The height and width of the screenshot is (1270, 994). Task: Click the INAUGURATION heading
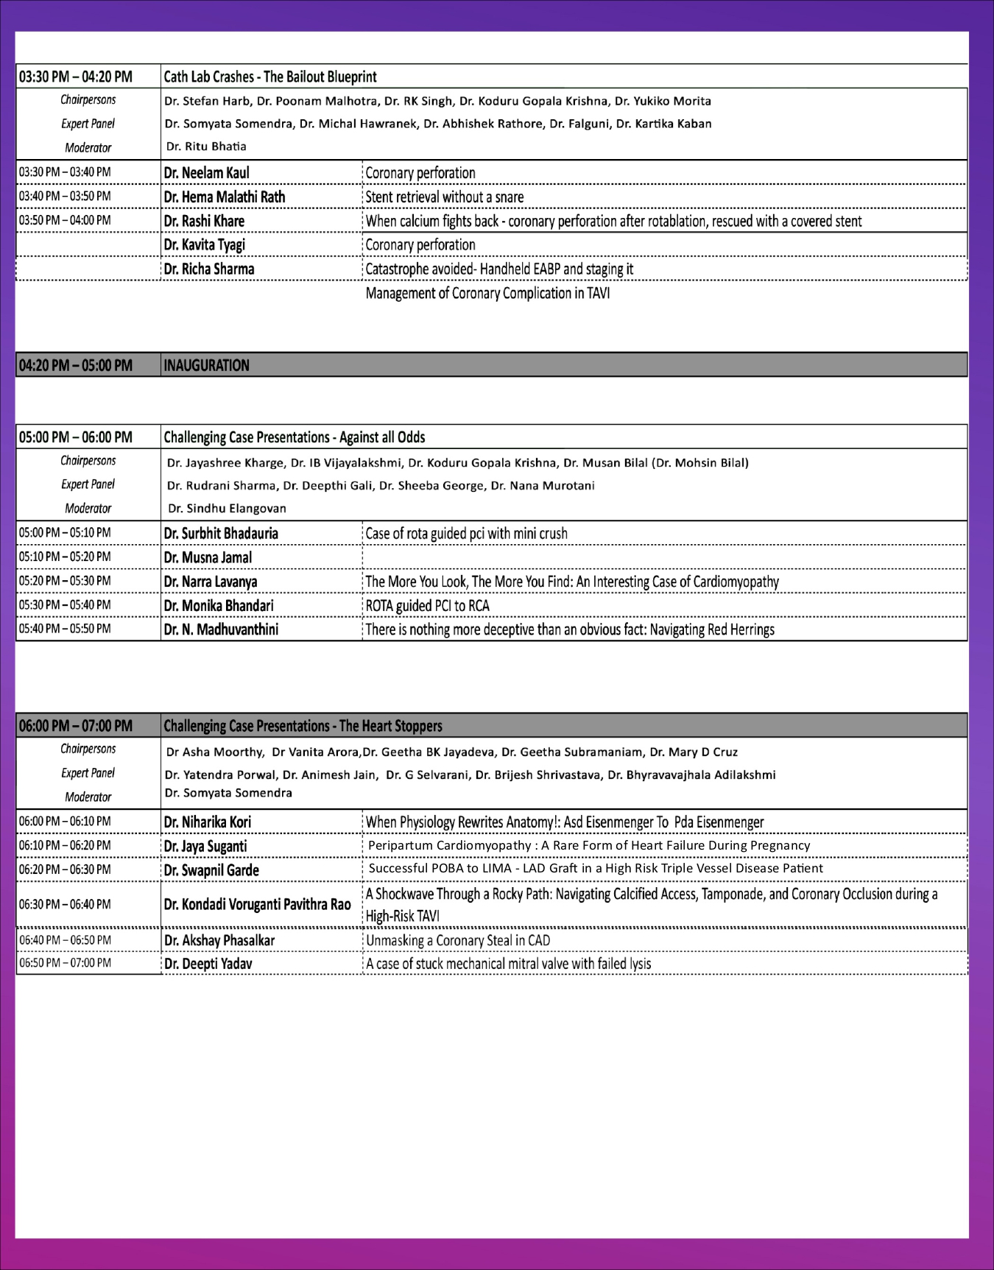pyautogui.click(x=206, y=365)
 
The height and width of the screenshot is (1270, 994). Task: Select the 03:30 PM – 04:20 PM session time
pyautogui.click(x=76, y=77)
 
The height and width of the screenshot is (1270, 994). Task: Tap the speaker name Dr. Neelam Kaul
pyautogui.click(x=206, y=173)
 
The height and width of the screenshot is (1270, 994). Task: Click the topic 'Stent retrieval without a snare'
pyautogui.click(x=445, y=197)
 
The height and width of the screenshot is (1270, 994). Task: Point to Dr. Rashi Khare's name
pyautogui.click(x=204, y=221)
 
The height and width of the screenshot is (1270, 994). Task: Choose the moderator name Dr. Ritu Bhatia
pyautogui.click(x=206, y=147)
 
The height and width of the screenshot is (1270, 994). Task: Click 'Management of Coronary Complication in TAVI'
pyautogui.click(x=487, y=293)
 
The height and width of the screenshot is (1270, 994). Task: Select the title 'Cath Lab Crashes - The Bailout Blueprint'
pyautogui.click(x=270, y=77)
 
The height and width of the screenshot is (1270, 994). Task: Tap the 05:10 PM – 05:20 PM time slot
pyautogui.click(x=65, y=557)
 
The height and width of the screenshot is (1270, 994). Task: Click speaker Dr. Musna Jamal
pyautogui.click(x=208, y=557)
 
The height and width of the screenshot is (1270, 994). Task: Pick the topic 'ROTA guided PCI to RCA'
pyautogui.click(x=427, y=606)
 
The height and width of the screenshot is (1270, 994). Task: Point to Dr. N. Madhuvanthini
pyautogui.click(x=221, y=629)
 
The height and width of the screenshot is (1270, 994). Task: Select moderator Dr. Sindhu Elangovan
pyautogui.click(x=227, y=508)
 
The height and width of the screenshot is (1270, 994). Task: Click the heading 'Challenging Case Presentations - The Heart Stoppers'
pyautogui.click(x=303, y=726)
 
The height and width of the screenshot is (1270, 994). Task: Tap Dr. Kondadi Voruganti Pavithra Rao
pyautogui.click(x=257, y=904)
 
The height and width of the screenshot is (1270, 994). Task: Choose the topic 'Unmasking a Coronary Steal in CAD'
pyautogui.click(x=457, y=940)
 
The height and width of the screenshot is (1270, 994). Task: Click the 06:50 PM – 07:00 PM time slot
pyautogui.click(x=65, y=963)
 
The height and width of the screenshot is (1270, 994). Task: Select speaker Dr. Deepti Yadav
pyautogui.click(x=208, y=964)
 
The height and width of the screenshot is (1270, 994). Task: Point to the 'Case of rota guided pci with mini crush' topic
pyautogui.click(x=466, y=533)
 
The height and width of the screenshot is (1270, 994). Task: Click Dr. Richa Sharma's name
pyautogui.click(x=209, y=269)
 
